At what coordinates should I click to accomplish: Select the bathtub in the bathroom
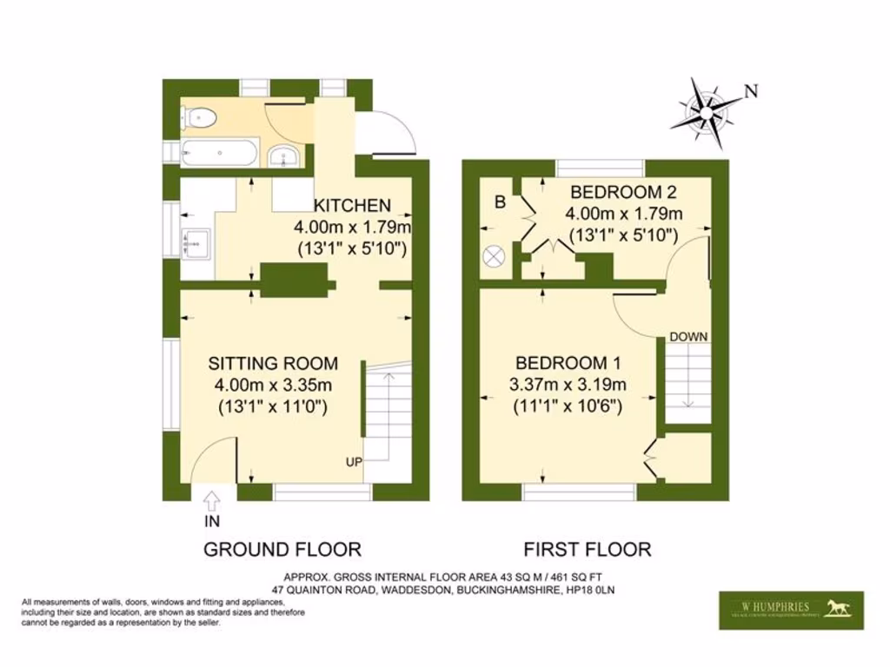(219, 154)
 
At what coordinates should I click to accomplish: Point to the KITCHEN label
(352, 206)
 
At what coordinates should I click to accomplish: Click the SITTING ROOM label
(272, 363)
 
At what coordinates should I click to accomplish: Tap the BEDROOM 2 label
(622, 192)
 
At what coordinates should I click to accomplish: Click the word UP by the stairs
(354, 461)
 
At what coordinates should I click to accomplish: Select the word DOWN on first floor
(688, 336)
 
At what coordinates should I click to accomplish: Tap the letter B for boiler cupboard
(500, 202)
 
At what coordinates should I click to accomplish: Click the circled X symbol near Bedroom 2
(495, 256)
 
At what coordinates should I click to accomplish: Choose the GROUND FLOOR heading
(282, 549)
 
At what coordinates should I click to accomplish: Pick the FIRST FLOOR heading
(587, 549)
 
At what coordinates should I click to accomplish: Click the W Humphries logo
(791, 610)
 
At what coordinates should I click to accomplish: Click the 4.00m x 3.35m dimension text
(272, 385)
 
